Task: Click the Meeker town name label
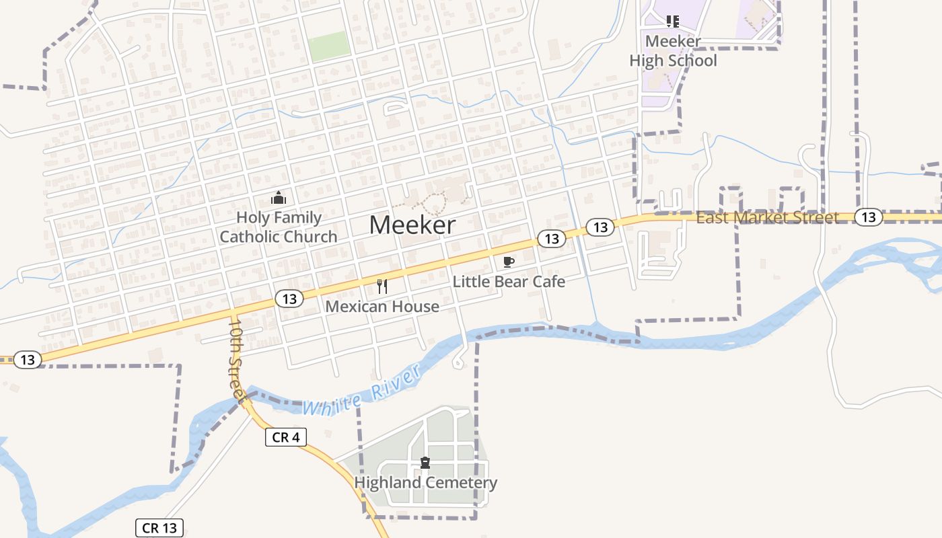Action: tap(412, 225)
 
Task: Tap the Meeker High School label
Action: tap(673, 51)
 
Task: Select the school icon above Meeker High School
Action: tap(673, 22)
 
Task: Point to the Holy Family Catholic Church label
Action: tap(278, 227)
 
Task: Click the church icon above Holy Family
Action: tap(278, 198)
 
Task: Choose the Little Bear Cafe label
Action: tap(509, 281)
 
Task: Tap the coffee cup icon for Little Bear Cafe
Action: tap(509, 262)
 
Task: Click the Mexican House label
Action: tap(382, 307)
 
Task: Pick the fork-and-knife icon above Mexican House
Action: tap(382, 287)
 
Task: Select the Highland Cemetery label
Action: tap(425, 483)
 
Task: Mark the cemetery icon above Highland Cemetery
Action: tap(425, 463)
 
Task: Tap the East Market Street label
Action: tap(767, 217)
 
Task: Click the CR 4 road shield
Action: tap(286, 437)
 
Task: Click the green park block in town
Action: tap(329, 46)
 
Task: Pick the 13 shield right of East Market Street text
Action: tap(869, 217)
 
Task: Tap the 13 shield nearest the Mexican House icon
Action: tap(289, 299)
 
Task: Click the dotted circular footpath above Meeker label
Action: tap(436, 204)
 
